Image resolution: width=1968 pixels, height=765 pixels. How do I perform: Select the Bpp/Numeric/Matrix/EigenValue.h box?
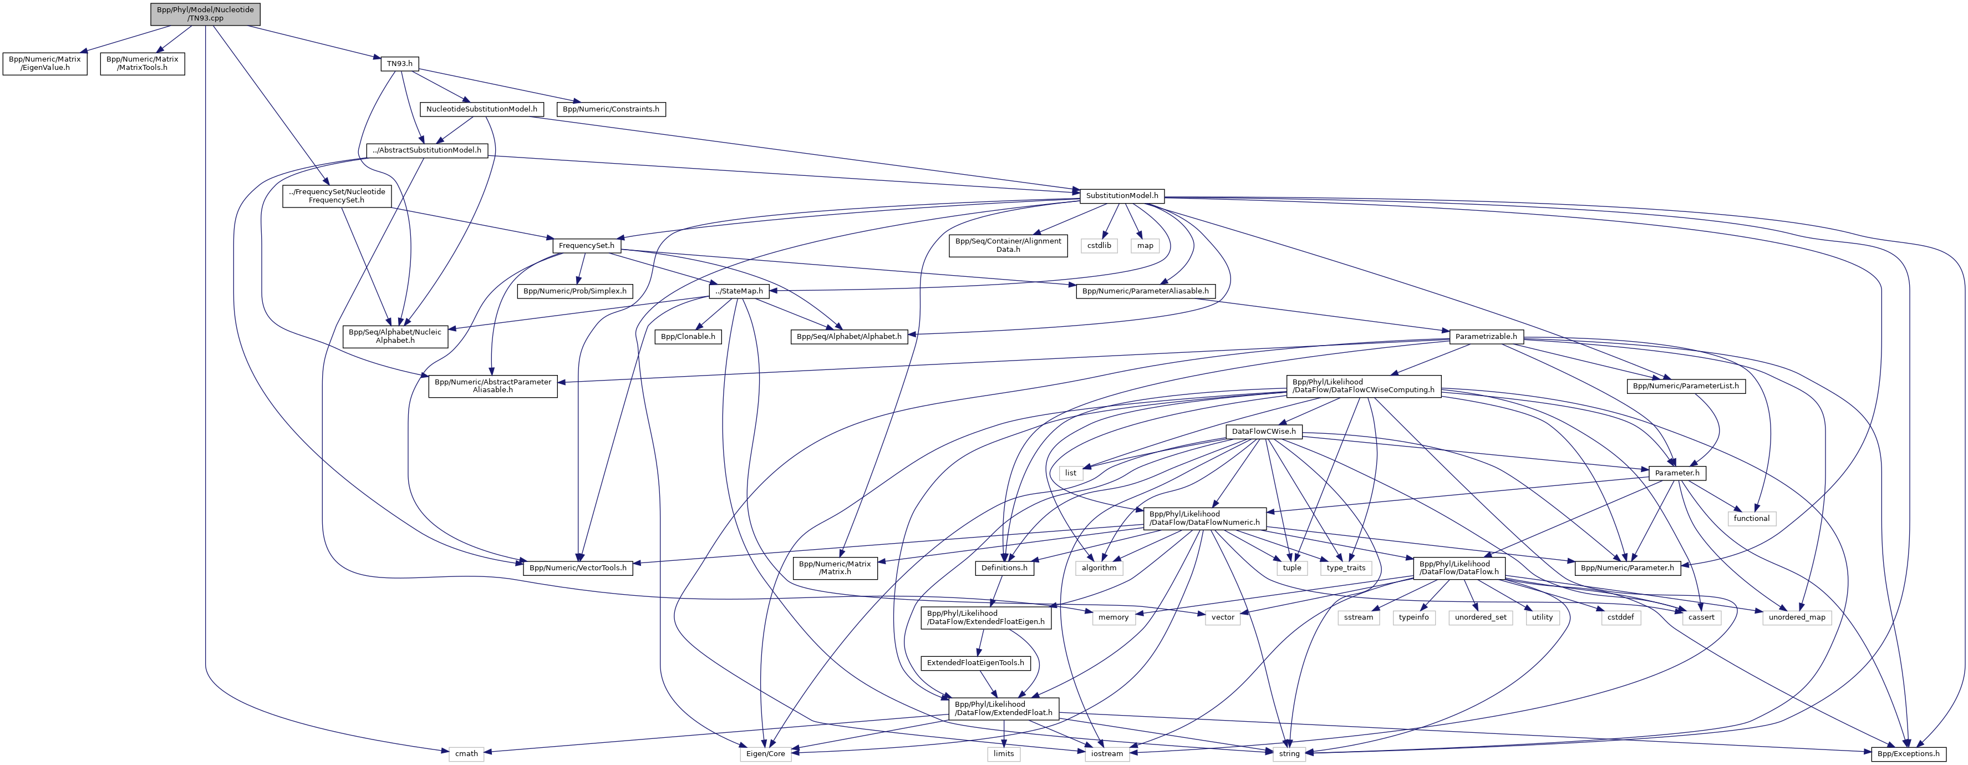click(x=44, y=63)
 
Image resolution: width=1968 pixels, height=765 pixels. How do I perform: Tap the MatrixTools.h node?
click(x=142, y=63)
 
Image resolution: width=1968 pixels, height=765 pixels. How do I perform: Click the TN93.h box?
click(x=400, y=63)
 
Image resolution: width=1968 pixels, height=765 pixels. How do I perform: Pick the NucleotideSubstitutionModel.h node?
click(x=481, y=109)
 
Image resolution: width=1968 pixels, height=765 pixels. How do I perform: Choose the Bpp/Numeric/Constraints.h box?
click(x=611, y=109)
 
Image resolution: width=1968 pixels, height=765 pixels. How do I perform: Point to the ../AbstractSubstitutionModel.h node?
click(x=426, y=150)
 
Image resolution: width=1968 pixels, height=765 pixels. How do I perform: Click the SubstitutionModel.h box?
click(x=1121, y=196)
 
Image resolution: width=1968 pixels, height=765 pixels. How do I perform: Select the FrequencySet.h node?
click(x=587, y=246)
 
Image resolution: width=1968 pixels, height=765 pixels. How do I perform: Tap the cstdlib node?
click(x=1100, y=246)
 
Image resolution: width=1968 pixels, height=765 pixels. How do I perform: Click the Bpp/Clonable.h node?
click(x=688, y=336)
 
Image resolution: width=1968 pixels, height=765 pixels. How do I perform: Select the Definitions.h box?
click(x=1004, y=568)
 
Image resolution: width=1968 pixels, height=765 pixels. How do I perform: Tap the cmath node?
click(x=466, y=753)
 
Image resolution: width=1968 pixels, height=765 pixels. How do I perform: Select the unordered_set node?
click(x=1480, y=617)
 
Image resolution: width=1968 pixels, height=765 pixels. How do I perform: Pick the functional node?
click(x=1751, y=518)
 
